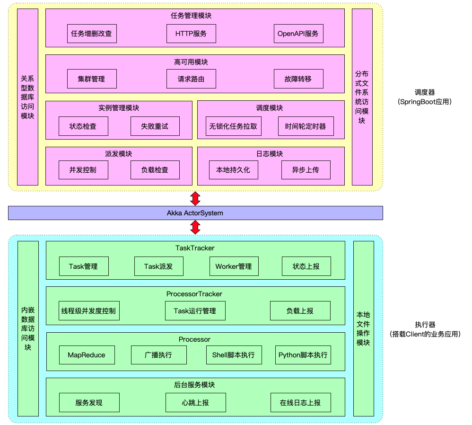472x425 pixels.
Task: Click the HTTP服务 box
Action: pyautogui.click(x=191, y=34)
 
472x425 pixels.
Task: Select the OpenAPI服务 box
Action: pyautogui.click(x=298, y=34)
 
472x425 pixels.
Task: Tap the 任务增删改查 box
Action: pyautogui.click(x=92, y=34)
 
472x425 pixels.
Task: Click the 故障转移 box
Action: pyautogui.click(x=298, y=79)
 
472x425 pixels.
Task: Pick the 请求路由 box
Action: pyautogui.click(x=191, y=79)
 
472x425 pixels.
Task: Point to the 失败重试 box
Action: pyautogui.click(x=155, y=126)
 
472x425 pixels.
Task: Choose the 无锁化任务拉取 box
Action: pyautogui.click(x=233, y=126)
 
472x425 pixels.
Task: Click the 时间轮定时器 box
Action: pyautogui.click(x=306, y=126)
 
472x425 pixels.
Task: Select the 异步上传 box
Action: pyautogui.click(x=306, y=170)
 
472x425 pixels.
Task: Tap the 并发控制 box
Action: pyautogui.click(x=83, y=170)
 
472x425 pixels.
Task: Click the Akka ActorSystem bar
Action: pyautogui.click(x=195, y=213)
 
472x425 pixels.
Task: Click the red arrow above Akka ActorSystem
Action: pyautogui.click(x=195, y=198)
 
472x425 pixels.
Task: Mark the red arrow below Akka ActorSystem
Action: pyautogui.click(x=195, y=228)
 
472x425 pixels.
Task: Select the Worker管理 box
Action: pyautogui.click(x=234, y=266)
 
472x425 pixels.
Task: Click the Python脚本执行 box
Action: pyautogui.click(x=303, y=355)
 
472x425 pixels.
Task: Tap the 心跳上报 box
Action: pyautogui.click(x=195, y=403)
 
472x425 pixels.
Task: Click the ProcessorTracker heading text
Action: pyautogui.click(x=194, y=294)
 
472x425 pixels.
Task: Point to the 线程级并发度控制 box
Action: pyautogui.click(x=88, y=311)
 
